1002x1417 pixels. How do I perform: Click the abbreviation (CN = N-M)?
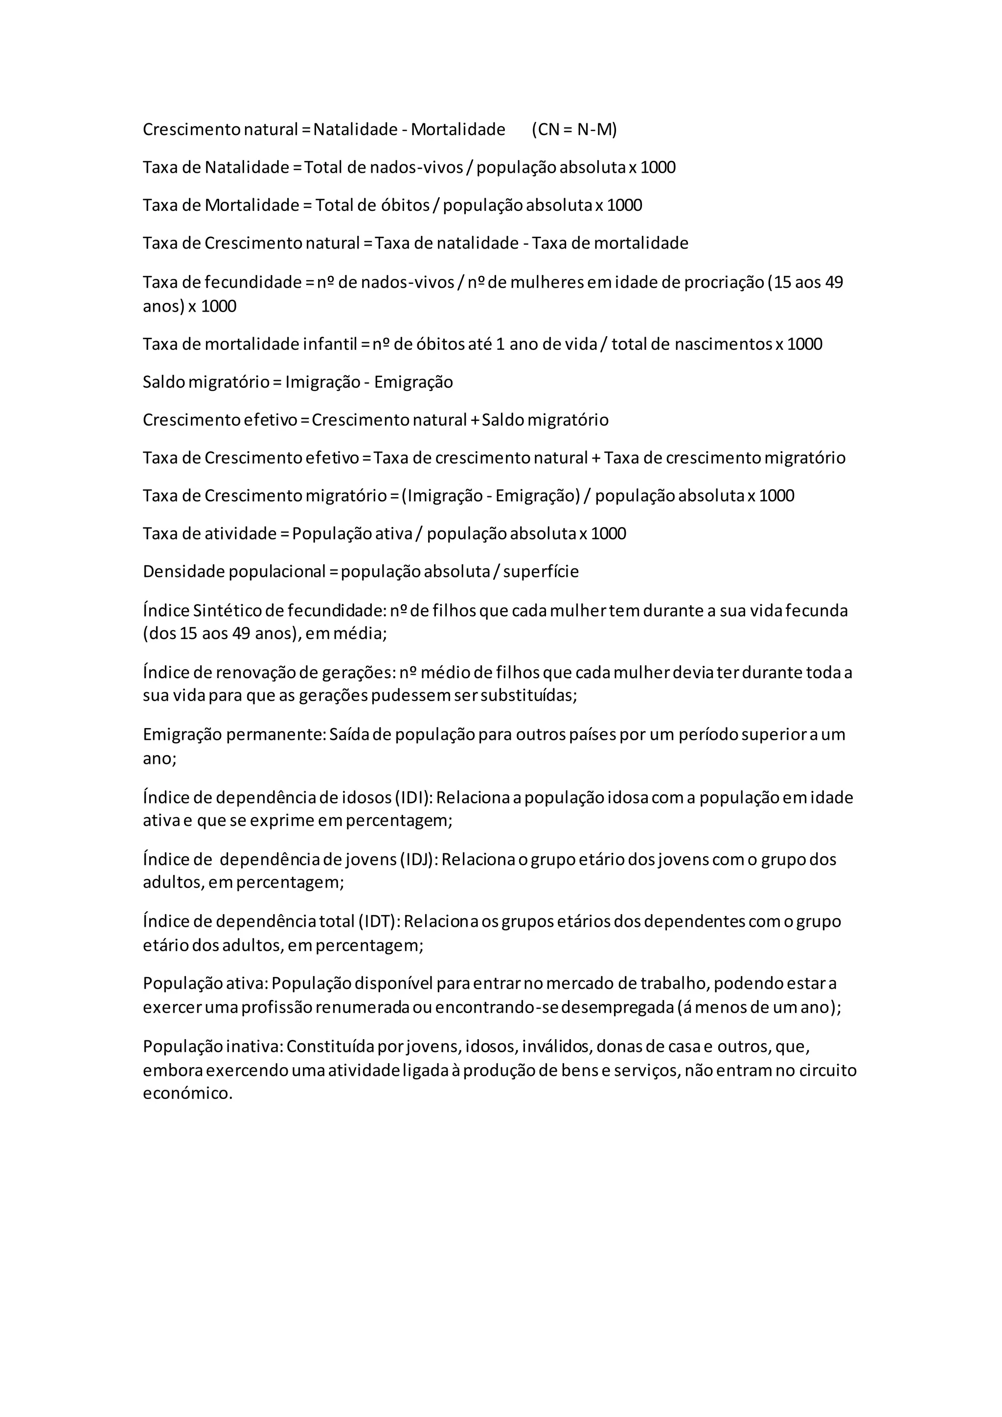click(x=574, y=130)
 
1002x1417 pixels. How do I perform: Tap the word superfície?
click(x=541, y=571)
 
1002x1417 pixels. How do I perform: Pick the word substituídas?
click(x=529, y=696)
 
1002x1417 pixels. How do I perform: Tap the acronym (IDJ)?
click(x=419, y=859)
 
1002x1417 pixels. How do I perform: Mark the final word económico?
click(x=187, y=1093)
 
